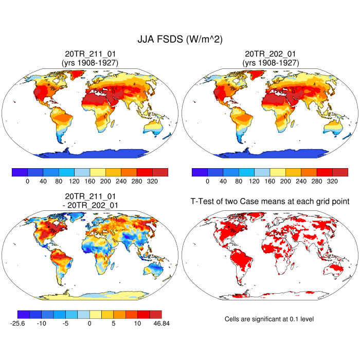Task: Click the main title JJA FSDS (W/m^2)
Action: click(x=179, y=40)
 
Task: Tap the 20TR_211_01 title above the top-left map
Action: click(x=90, y=54)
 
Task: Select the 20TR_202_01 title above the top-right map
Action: click(x=270, y=54)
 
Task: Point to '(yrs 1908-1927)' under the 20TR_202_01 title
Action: click(x=270, y=63)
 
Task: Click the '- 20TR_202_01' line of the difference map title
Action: click(x=90, y=205)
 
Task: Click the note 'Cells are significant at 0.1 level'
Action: click(x=269, y=319)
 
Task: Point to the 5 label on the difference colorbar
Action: click(x=114, y=323)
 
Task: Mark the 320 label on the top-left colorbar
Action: click(x=152, y=182)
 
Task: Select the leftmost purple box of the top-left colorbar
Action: click(x=20, y=172)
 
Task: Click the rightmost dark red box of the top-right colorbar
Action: click(x=340, y=172)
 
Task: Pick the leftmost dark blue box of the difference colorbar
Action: click(x=24, y=314)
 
